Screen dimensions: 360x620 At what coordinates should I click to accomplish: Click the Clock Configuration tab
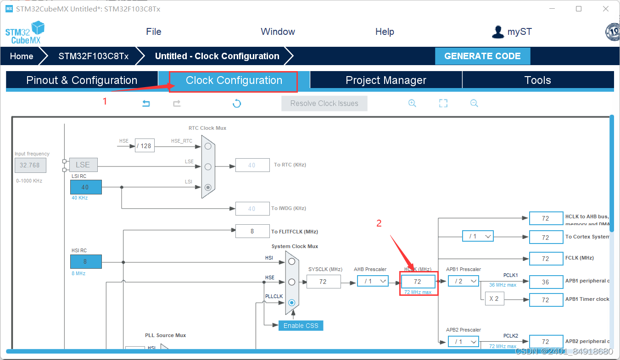click(234, 81)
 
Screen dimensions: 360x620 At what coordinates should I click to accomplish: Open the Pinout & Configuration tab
click(82, 81)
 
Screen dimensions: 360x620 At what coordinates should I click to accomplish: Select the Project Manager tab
click(385, 81)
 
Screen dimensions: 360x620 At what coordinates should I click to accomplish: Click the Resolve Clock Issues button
click(324, 104)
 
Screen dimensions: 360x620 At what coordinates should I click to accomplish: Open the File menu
click(153, 32)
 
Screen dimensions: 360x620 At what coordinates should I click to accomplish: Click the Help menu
click(384, 32)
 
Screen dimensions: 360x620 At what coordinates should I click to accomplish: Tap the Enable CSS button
click(301, 326)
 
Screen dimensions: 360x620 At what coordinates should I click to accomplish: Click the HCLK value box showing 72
click(418, 282)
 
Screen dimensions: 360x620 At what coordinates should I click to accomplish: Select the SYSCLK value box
click(323, 282)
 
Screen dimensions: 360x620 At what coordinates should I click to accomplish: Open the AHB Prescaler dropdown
click(373, 281)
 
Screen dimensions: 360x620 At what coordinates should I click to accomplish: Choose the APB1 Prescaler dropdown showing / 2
click(464, 281)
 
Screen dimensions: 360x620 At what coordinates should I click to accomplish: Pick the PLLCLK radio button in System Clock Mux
click(291, 303)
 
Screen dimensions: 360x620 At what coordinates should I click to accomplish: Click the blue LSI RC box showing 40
click(86, 187)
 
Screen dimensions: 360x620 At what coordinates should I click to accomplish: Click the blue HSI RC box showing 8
click(86, 262)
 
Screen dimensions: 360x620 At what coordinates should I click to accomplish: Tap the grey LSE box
click(83, 165)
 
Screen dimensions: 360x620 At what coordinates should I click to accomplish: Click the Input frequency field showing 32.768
click(30, 165)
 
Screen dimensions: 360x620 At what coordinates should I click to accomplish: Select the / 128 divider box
click(145, 146)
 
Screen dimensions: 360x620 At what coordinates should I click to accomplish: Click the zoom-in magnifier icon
click(412, 103)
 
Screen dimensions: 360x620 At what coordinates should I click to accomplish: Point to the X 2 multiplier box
click(494, 299)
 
